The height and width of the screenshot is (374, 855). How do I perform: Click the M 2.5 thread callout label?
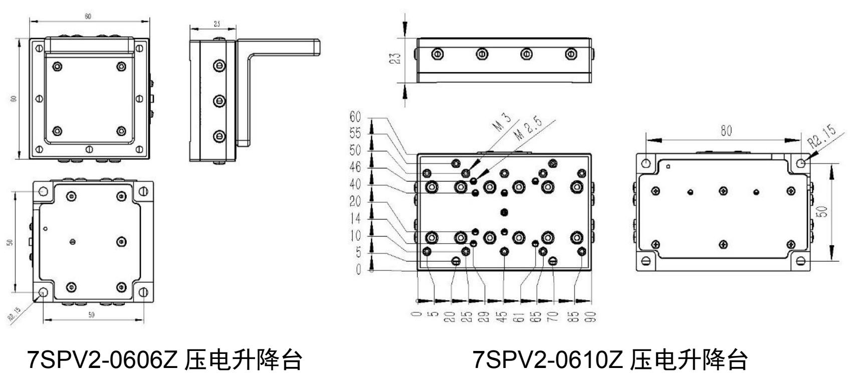click(x=527, y=131)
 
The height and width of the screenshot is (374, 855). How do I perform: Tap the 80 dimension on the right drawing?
click(x=726, y=131)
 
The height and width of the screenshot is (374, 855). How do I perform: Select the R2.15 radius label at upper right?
click(x=822, y=136)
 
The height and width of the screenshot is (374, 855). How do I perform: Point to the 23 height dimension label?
click(x=396, y=59)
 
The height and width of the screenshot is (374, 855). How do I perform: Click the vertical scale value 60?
click(x=355, y=117)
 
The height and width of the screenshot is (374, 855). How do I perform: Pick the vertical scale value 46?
click(x=355, y=167)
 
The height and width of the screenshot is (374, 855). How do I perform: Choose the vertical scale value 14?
click(x=355, y=218)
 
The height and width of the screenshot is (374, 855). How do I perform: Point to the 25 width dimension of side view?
click(x=216, y=25)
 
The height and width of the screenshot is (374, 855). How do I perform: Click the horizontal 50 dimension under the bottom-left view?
click(x=91, y=315)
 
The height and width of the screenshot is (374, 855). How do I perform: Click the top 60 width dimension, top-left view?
click(x=88, y=17)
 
